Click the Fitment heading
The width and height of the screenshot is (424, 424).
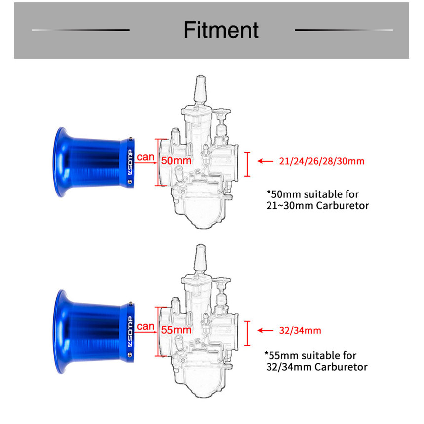coord(221,30)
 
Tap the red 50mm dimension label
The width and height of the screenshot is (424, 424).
coord(176,161)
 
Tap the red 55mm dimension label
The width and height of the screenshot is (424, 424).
coord(176,330)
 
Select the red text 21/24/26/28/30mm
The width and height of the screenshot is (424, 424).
coord(322,161)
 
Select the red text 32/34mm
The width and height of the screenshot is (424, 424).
coord(300,330)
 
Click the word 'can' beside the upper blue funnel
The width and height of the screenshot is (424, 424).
coord(146,157)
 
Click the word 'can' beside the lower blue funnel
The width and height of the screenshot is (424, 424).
coord(146,326)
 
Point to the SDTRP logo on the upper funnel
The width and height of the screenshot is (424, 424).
coord(130,162)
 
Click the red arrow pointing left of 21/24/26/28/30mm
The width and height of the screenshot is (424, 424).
coord(265,161)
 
